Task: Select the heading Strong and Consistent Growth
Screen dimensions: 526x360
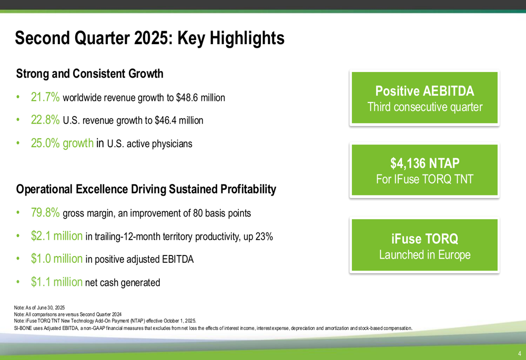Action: pyautogui.click(x=89, y=74)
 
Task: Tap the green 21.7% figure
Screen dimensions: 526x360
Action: pyautogui.click(x=45, y=97)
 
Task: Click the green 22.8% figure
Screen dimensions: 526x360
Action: pyautogui.click(x=45, y=120)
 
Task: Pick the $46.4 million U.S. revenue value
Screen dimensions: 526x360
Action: pyautogui.click(x=179, y=121)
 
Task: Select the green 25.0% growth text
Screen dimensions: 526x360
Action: pyautogui.click(x=62, y=143)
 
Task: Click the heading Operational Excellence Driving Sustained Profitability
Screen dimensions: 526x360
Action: pyautogui.click(x=146, y=189)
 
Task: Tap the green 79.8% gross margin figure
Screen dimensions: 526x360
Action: pyautogui.click(x=45, y=212)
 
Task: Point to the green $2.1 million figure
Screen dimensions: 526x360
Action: pyautogui.click(x=57, y=236)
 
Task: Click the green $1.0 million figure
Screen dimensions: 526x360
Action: pyautogui.click(x=57, y=259)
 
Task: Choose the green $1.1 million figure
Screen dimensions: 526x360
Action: pyautogui.click(x=57, y=282)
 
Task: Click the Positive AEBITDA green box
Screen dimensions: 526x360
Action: pyautogui.click(x=424, y=98)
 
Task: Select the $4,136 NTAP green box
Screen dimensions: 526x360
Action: pyautogui.click(x=424, y=170)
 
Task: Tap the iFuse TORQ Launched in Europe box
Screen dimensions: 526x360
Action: pyautogui.click(x=424, y=245)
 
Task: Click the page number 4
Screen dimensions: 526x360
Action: pyautogui.click(x=519, y=354)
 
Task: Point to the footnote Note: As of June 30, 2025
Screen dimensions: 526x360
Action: pyautogui.click(x=39, y=308)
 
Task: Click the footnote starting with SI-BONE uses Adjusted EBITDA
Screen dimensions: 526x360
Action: pyautogui.click(x=213, y=328)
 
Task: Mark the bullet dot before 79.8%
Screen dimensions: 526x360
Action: pyautogui.click(x=18, y=212)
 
